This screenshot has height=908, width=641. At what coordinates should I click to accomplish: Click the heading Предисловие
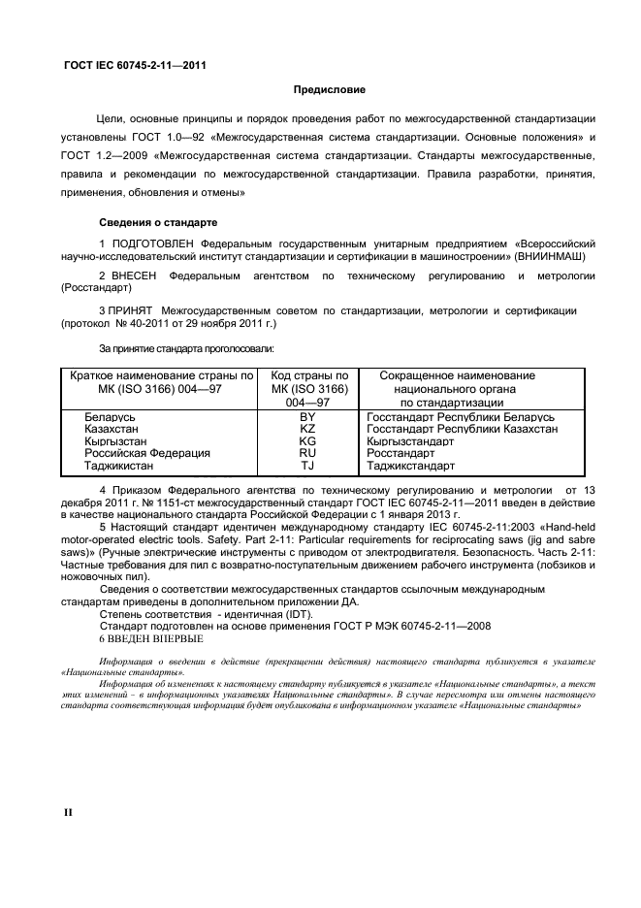330,90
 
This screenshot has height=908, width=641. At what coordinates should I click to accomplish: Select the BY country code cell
307,416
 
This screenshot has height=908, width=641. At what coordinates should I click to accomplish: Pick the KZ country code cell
307,428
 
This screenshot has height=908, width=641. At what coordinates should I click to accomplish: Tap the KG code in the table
307,440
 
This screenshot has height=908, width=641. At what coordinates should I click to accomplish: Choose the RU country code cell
307,452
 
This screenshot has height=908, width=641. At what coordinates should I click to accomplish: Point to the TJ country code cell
307,465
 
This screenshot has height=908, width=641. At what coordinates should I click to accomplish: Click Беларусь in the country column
110,416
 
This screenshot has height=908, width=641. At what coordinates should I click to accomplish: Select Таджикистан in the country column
120,465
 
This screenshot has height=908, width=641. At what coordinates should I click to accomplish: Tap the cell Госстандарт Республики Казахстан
463,428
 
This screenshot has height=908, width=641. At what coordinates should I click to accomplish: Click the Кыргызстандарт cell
411,440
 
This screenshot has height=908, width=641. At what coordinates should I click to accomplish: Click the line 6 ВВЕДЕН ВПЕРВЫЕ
151,639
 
